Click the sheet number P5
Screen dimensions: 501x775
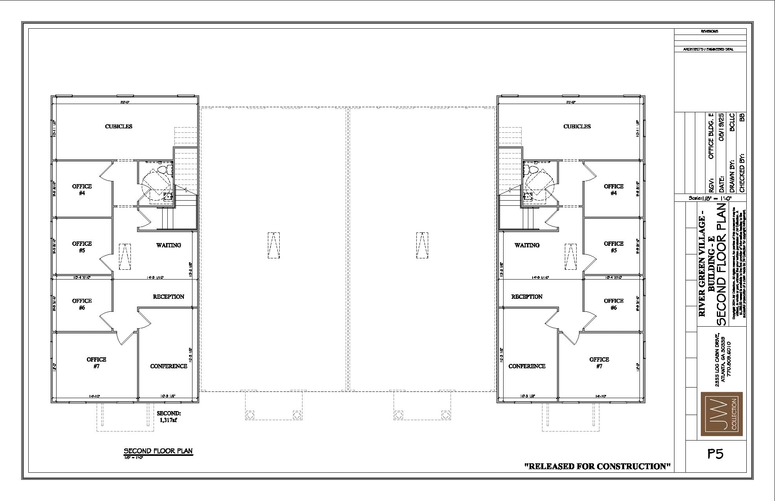click(715, 454)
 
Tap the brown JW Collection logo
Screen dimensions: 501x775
click(722, 414)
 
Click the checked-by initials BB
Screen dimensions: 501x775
click(742, 117)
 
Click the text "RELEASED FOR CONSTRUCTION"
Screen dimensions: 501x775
click(597, 466)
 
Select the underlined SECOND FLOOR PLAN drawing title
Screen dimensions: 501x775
click(158, 450)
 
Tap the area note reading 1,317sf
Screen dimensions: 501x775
click(169, 420)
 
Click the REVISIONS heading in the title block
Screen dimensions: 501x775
click(709, 31)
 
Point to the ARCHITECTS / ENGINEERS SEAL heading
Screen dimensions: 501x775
click(708, 49)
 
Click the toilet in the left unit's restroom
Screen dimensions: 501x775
click(164, 170)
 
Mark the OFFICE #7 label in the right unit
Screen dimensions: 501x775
click(599, 363)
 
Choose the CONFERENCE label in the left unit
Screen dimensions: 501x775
click(169, 366)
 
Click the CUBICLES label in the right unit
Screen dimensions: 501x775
click(577, 126)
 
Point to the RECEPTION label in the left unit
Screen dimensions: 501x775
click(169, 297)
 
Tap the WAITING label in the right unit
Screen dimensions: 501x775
click(527, 245)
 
